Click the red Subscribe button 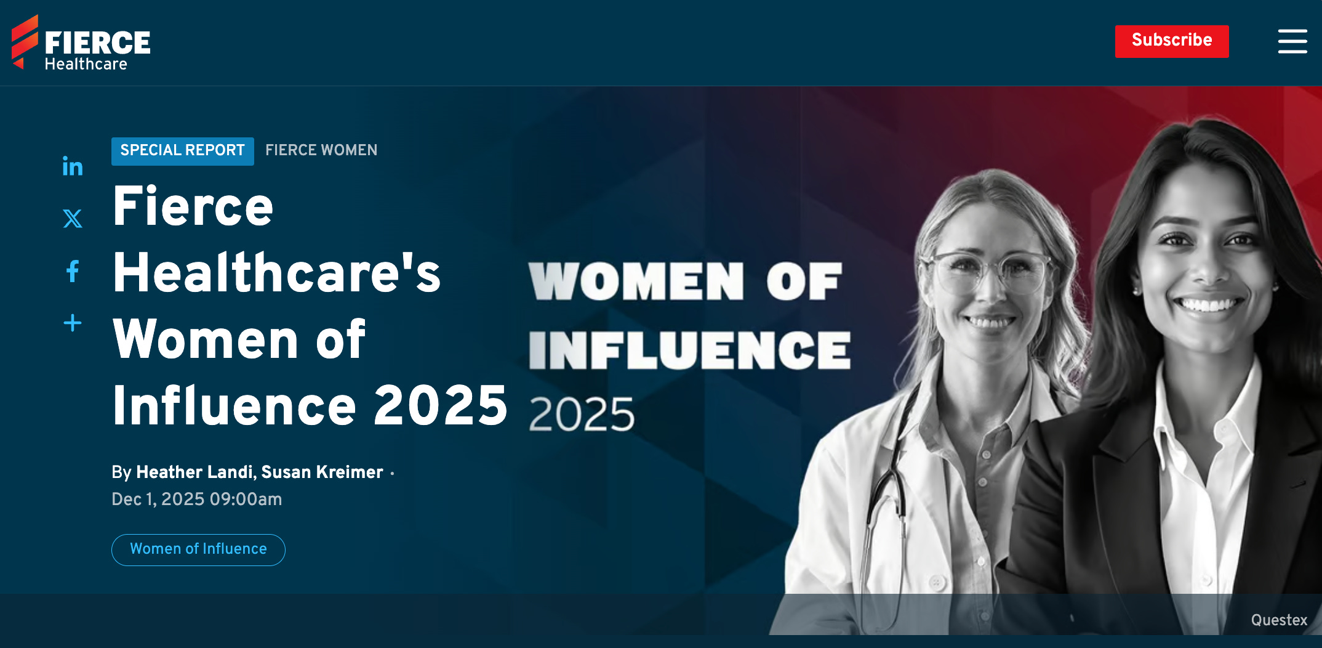click(1171, 41)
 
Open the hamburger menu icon click(1292, 41)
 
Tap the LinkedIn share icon click(73, 166)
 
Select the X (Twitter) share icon click(73, 218)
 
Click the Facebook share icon click(73, 271)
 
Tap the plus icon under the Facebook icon click(73, 323)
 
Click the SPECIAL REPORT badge click(182, 151)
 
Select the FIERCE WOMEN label click(321, 150)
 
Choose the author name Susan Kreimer click(322, 472)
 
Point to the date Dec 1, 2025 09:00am click(196, 500)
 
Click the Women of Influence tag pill click(198, 549)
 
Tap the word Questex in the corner click(1279, 620)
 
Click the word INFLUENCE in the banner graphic click(689, 350)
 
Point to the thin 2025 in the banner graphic click(581, 415)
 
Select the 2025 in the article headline click(440, 406)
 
